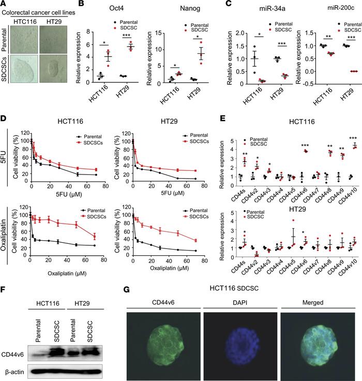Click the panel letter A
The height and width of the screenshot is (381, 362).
[x=5, y=5]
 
